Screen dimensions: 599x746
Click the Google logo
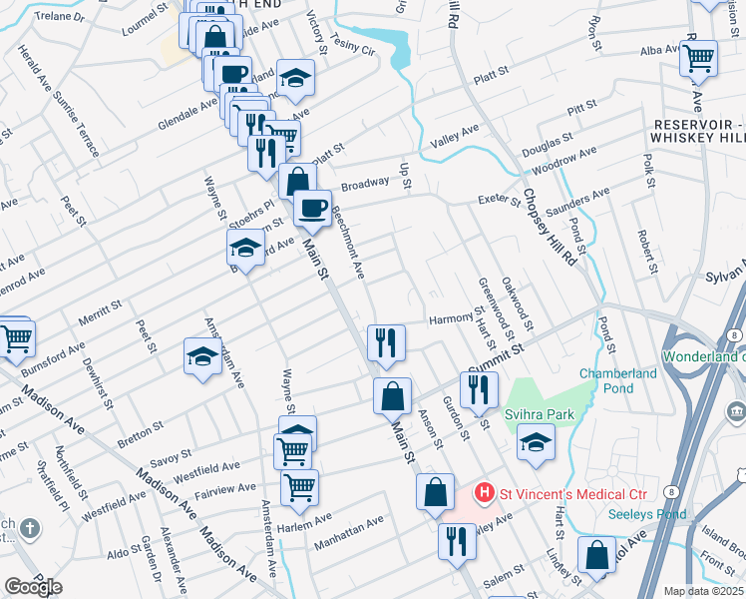coord(33,587)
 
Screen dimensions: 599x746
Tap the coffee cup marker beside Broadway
coord(312,208)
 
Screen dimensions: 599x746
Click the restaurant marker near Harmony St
coord(385,342)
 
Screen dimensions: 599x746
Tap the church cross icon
coord(31,529)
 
